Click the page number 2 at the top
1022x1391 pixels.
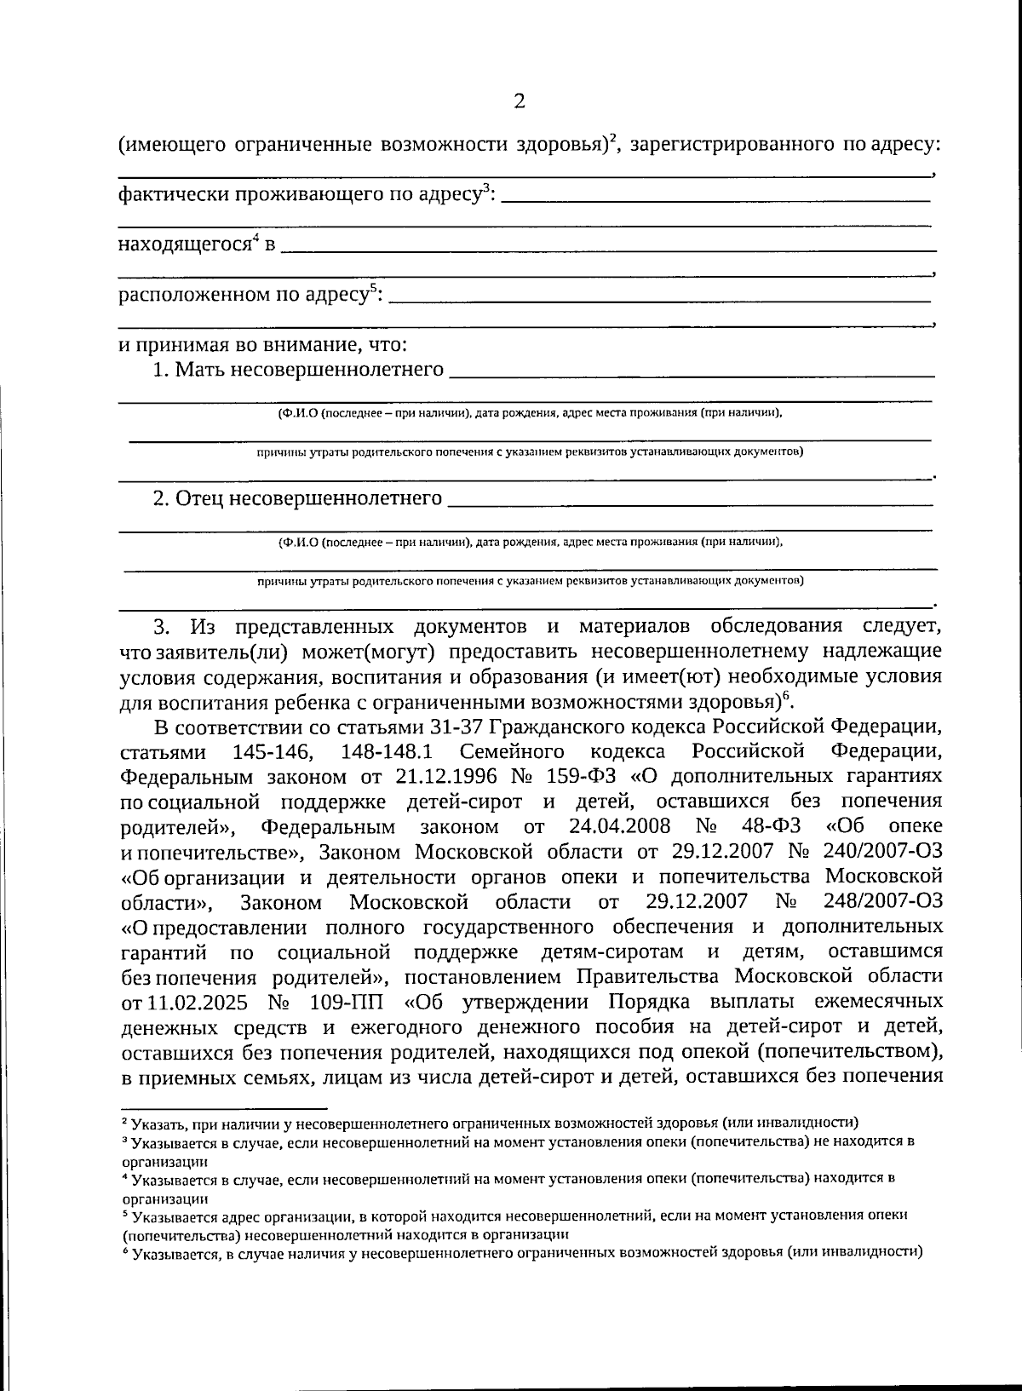click(519, 102)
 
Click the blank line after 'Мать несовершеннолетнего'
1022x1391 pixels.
click(691, 374)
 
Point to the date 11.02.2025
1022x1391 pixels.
click(195, 1000)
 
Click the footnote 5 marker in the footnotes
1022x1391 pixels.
click(125, 1215)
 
